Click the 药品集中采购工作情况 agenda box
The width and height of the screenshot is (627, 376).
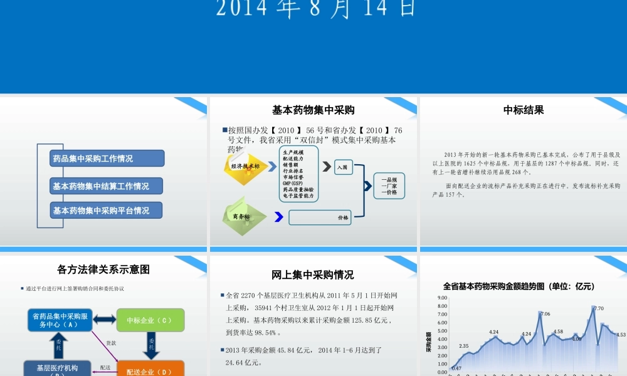(107, 159)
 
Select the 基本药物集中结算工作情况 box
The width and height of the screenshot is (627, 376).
(107, 186)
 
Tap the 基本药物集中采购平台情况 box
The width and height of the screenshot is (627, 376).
(107, 211)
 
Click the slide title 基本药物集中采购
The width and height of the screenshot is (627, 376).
(313, 110)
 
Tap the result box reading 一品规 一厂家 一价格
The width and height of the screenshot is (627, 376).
(389, 186)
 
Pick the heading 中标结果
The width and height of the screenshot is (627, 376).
(524, 110)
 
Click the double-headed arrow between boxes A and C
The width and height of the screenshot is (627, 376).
(105, 320)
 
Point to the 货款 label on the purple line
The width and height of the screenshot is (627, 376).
(110, 343)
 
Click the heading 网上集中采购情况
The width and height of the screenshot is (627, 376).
(313, 274)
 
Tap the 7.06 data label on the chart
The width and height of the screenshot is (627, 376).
(545, 313)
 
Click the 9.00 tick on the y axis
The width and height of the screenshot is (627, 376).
(443, 298)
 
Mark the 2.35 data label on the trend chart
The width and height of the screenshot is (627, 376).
(464, 346)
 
